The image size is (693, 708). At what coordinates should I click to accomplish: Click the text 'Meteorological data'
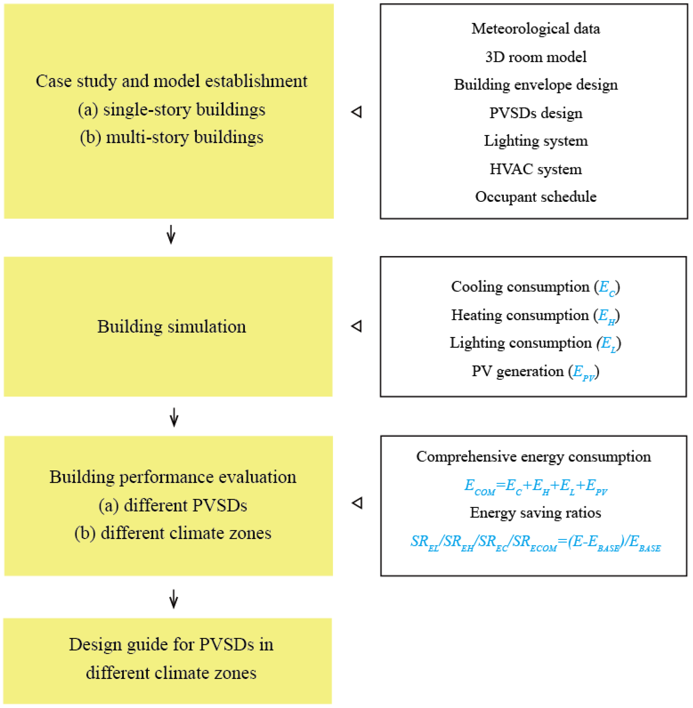click(535, 29)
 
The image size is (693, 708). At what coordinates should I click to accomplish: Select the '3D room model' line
click(535, 57)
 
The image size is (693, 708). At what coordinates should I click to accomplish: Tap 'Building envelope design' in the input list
click(535, 85)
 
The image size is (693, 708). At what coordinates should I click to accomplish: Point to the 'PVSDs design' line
click(535, 113)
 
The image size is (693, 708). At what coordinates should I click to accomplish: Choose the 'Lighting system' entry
click(535, 141)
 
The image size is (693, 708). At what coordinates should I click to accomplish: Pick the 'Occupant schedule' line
click(535, 197)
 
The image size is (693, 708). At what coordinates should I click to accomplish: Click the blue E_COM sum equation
click(535, 486)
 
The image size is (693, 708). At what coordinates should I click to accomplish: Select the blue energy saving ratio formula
click(535, 542)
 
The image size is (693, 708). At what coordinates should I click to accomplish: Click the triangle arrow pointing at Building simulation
click(357, 326)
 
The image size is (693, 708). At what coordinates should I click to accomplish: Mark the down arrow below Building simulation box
click(174, 417)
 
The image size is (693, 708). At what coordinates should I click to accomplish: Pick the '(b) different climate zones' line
click(173, 533)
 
